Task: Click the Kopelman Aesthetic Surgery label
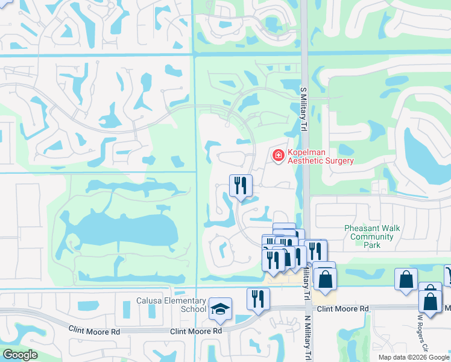320,156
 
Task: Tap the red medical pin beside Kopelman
278,156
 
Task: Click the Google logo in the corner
20,355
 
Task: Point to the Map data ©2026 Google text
413,357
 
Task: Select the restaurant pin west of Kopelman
241,186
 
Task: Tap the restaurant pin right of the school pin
258,299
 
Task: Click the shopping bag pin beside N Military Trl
325,281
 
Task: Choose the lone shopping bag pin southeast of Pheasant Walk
406,279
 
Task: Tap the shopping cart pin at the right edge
448,275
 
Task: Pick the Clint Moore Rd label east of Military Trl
342,308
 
